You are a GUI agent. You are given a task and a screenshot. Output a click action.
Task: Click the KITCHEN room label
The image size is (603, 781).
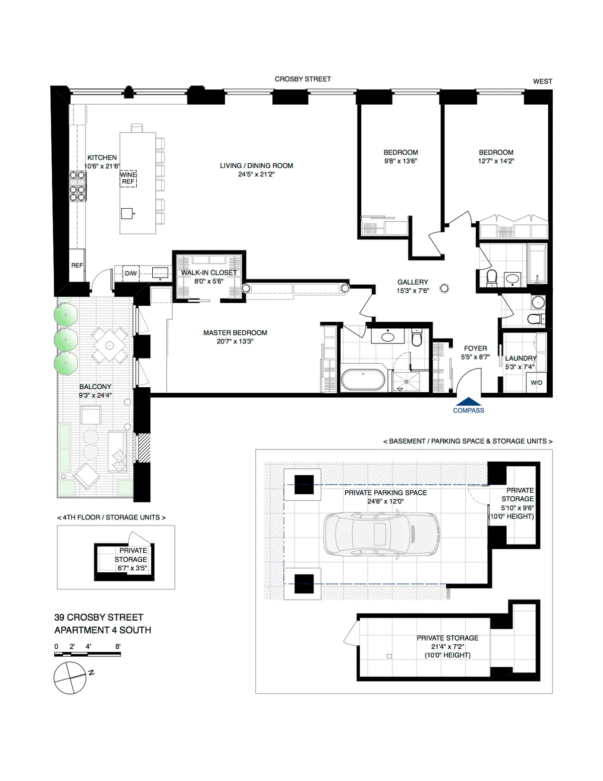pyautogui.click(x=102, y=157)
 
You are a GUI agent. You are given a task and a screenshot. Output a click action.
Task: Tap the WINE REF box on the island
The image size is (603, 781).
pyautogui.click(x=128, y=179)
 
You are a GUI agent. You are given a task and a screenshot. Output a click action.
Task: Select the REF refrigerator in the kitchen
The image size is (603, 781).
pyautogui.click(x=77, y=265)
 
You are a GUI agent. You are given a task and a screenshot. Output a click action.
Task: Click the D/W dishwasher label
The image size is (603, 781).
pyautogui.click(x=131, y=274)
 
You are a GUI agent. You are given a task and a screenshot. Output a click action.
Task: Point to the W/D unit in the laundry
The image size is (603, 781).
pyautogui.click(x=536, y=383)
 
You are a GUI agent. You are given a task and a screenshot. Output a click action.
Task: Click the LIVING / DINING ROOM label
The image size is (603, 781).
pyautogui.click(x=256, y=165)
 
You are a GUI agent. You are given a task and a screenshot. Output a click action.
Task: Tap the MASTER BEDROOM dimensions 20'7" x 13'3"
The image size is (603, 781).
pyautogui.click(x=235, y=341)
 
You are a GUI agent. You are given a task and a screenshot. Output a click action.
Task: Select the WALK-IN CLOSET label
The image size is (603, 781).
pyautogui.click(x=209, y=273)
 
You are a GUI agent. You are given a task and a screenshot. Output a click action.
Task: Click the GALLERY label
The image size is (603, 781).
pyautogui.click(x=413, y=282)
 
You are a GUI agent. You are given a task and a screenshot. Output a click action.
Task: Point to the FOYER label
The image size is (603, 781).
pyautogui.click(x=475, y=348)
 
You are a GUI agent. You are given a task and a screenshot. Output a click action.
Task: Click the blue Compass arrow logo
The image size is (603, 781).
pyautogui.click(x=468, y=401)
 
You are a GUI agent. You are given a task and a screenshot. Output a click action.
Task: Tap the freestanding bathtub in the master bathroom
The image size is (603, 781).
pyautogui.click(x=363, y=380)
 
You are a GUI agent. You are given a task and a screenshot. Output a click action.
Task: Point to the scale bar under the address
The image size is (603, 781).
pyautogui.click(x=87, y=654)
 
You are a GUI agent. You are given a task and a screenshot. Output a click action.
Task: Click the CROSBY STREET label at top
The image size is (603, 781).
pyautogui.click(x=303, y=79)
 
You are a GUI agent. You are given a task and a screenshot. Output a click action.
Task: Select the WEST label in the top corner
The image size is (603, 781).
pyautogui.click(x=542, y=81)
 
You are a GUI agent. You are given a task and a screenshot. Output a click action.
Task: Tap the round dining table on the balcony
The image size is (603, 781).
pyautogui.click(x=110, y=345)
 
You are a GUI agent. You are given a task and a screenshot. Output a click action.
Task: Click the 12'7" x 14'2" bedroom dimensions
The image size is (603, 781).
pyautogui.click(x=496, y=161)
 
